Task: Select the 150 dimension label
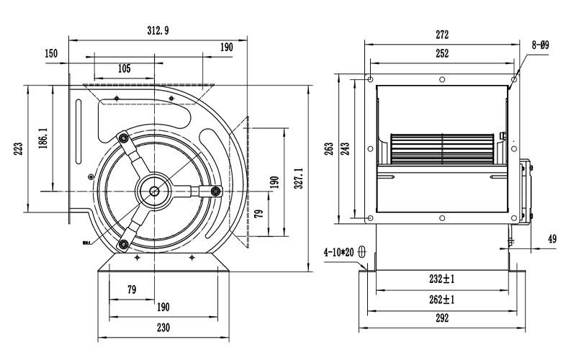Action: point(50,54)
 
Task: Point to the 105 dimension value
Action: point(123,68)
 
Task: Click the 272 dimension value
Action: point(442,35)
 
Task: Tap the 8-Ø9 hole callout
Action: point(541,45)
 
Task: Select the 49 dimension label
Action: point(552,239)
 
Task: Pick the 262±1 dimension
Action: point(442,300)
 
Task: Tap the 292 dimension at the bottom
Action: point(442,318)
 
